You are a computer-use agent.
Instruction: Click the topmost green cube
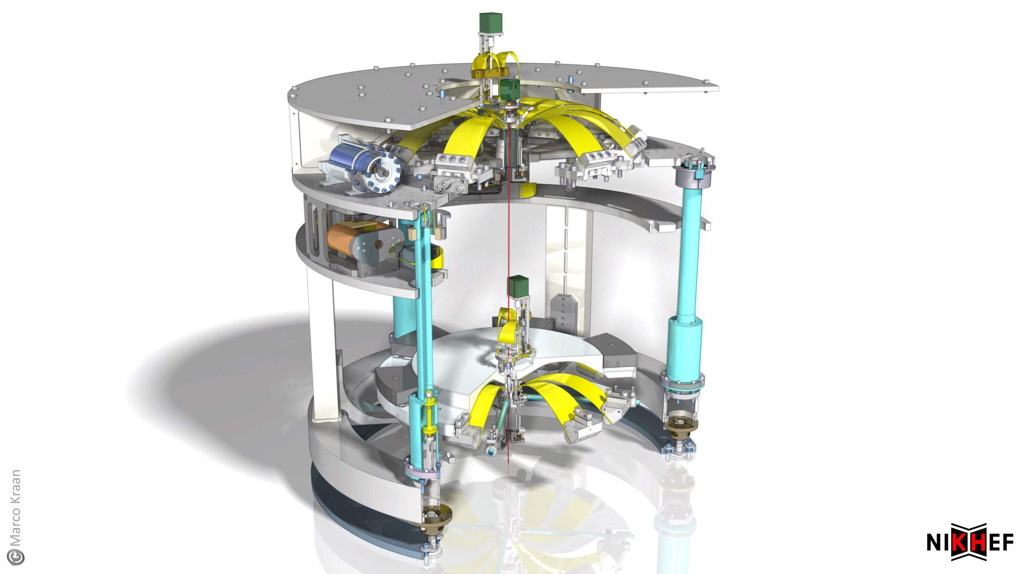[x=491, y=23]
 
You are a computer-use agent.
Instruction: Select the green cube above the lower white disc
[x=518, y=287]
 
